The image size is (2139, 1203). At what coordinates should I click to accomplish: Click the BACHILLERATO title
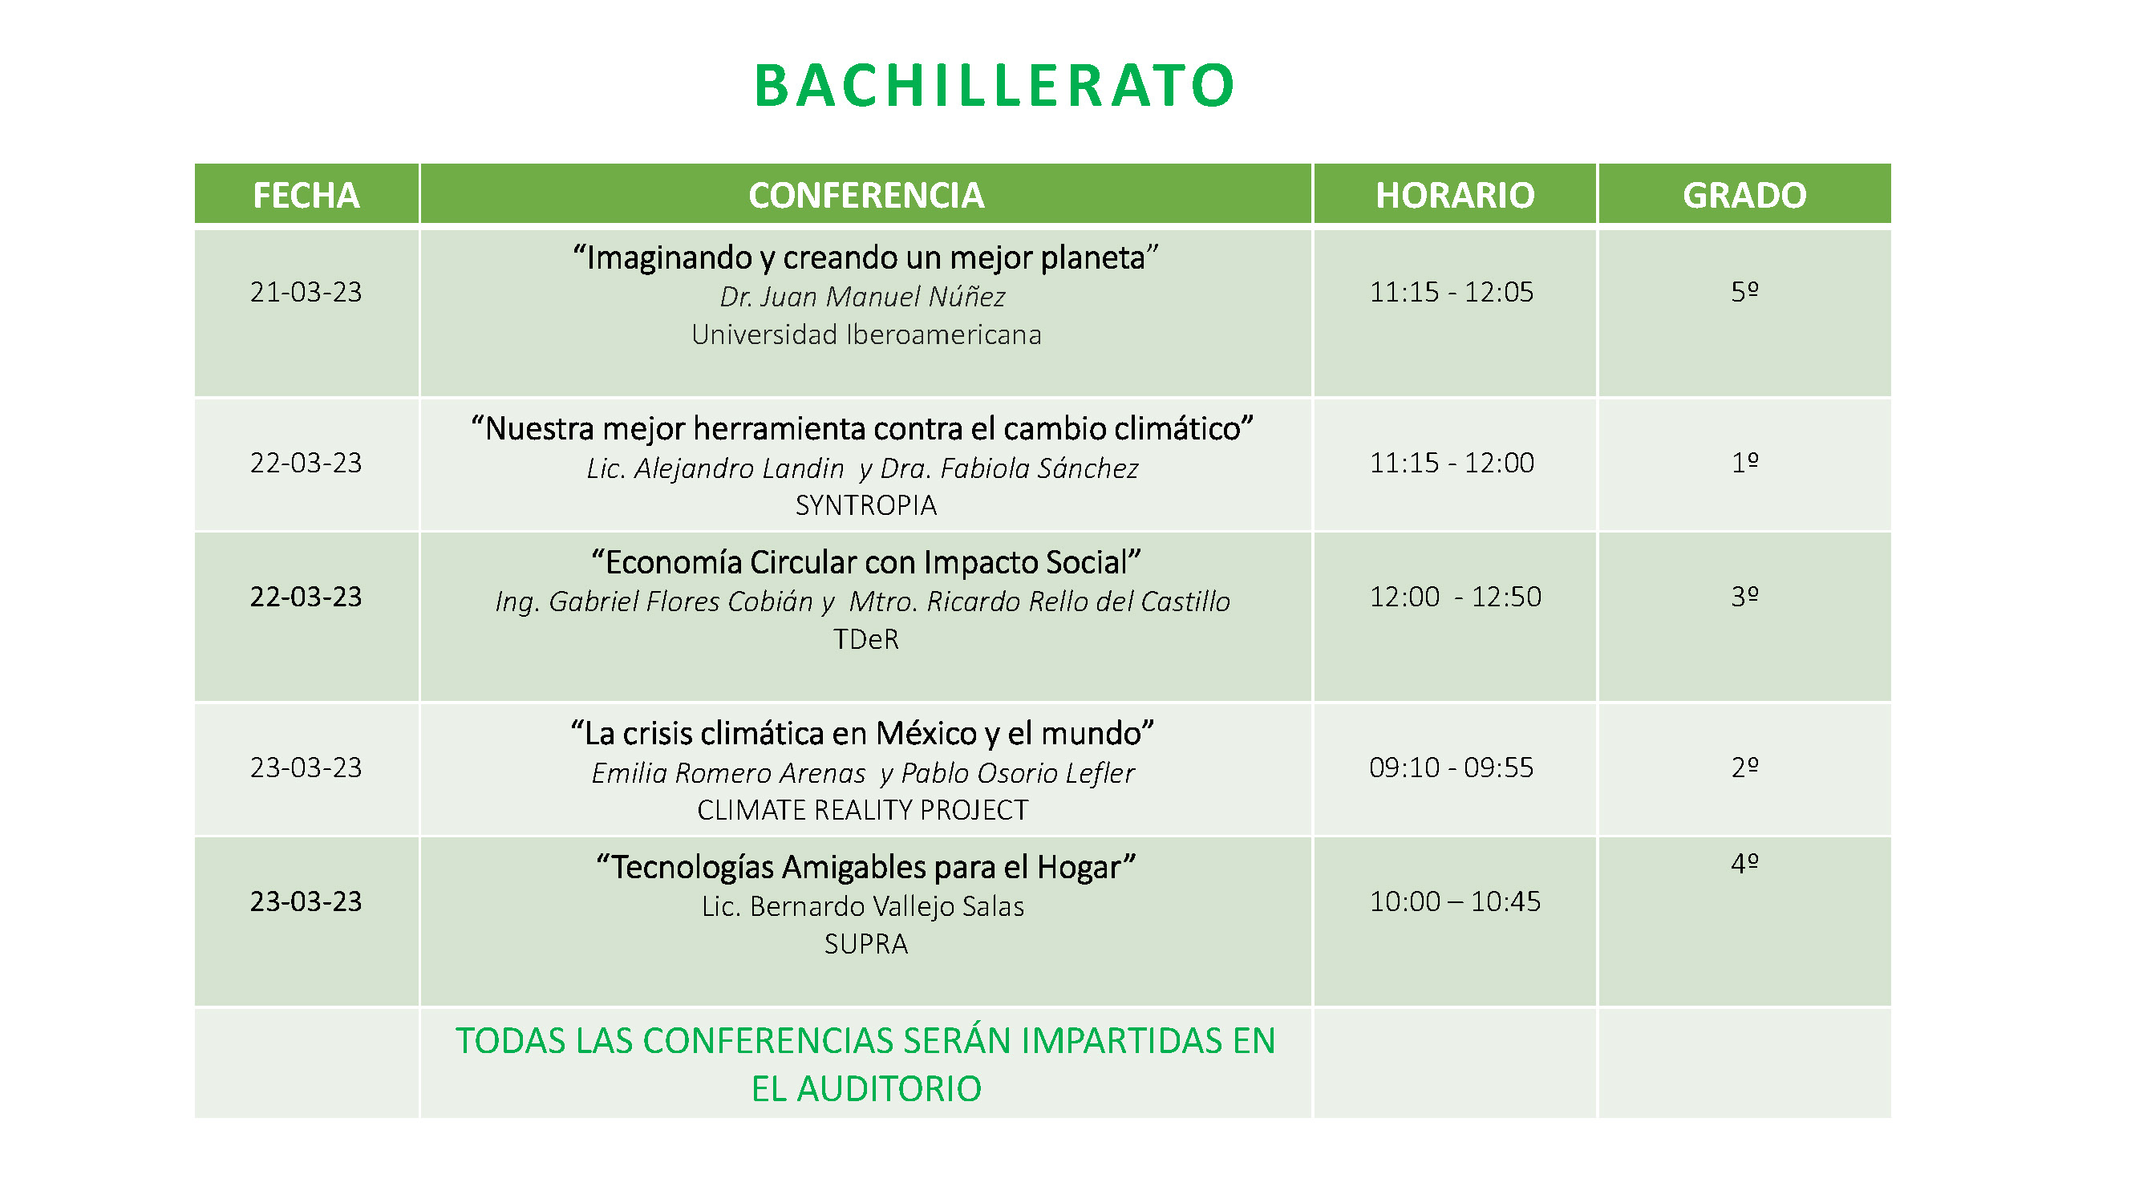point(994,86)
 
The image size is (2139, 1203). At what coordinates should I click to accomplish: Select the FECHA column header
point(306,195)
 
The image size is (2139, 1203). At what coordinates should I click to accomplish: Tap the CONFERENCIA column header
point(866,195)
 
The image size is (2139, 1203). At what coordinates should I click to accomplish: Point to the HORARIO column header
point(1455,195)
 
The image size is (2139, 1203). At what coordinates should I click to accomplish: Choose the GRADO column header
point(1744,195)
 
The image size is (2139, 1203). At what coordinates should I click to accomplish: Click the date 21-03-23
point(306,292)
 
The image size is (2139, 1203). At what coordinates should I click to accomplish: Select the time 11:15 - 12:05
point(1452,292)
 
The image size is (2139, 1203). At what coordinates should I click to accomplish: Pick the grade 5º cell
point(1744,291)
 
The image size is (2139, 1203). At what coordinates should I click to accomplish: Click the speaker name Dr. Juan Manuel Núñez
point(863,297)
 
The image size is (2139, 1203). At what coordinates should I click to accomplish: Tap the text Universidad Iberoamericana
point(866,334)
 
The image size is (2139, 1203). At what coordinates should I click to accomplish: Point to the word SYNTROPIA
point(866,504)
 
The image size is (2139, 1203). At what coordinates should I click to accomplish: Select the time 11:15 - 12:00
point(1452,463)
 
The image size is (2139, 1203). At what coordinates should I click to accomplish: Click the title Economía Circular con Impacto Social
point(866,562)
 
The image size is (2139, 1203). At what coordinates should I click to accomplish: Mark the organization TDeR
point(866,639)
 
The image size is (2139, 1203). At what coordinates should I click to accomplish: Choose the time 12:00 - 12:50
point(1455,596)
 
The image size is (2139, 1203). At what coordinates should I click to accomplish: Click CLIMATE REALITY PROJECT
point(863,809)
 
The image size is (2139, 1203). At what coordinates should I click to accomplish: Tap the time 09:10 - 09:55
point(1452,768)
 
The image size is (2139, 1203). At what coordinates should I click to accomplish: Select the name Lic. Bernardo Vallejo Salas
point(863,905)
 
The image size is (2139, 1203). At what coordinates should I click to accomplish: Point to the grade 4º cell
point(1744,864)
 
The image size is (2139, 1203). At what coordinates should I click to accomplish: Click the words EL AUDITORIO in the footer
point(866,1088)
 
